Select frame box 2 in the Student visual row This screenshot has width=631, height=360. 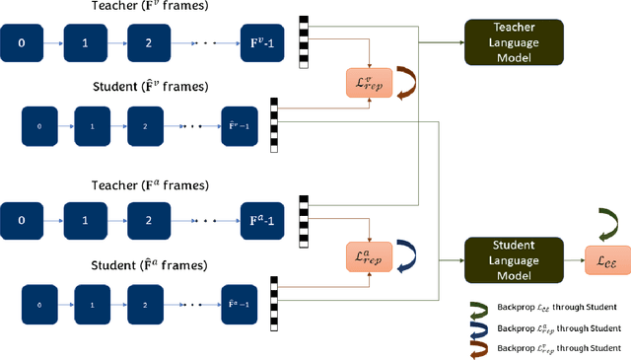coord(144,126)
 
